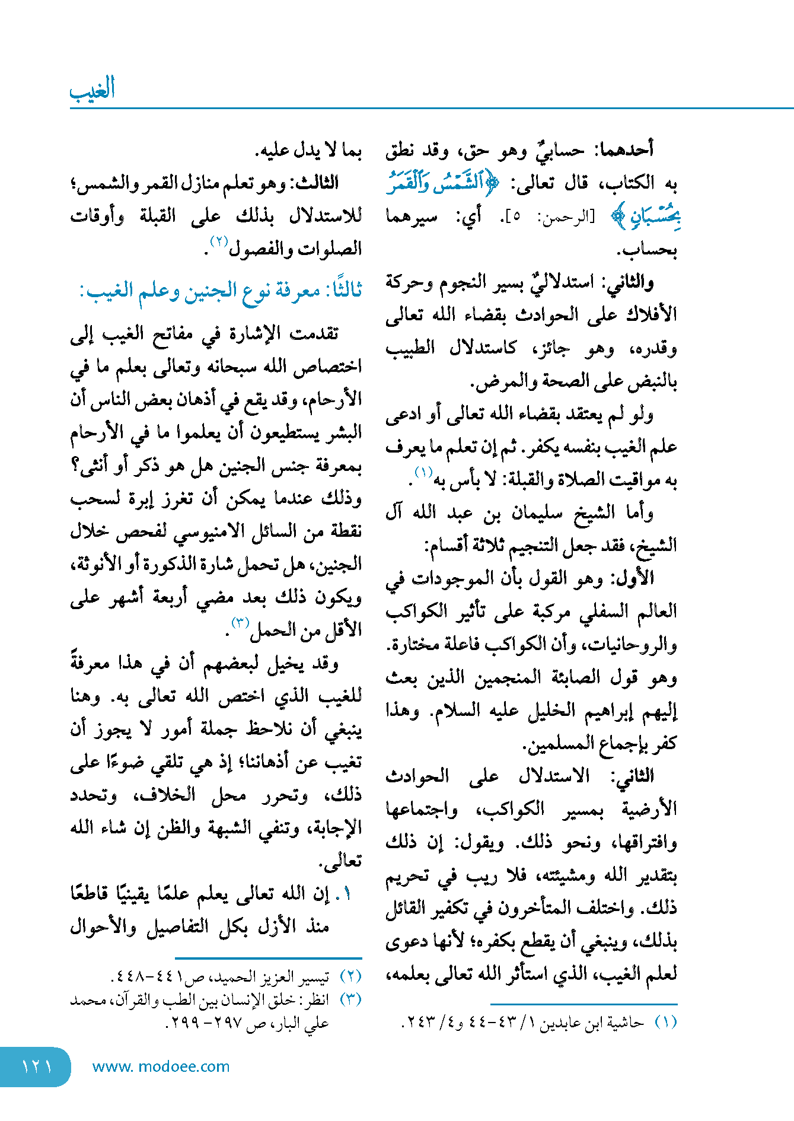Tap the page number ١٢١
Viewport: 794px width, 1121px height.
[x=37, y=1066]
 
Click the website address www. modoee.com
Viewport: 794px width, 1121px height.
[x=161, y=1066]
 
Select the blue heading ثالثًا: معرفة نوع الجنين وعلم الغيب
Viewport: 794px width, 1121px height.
[x=221, y=291]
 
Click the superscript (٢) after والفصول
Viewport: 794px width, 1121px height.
[x=218, y=241]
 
